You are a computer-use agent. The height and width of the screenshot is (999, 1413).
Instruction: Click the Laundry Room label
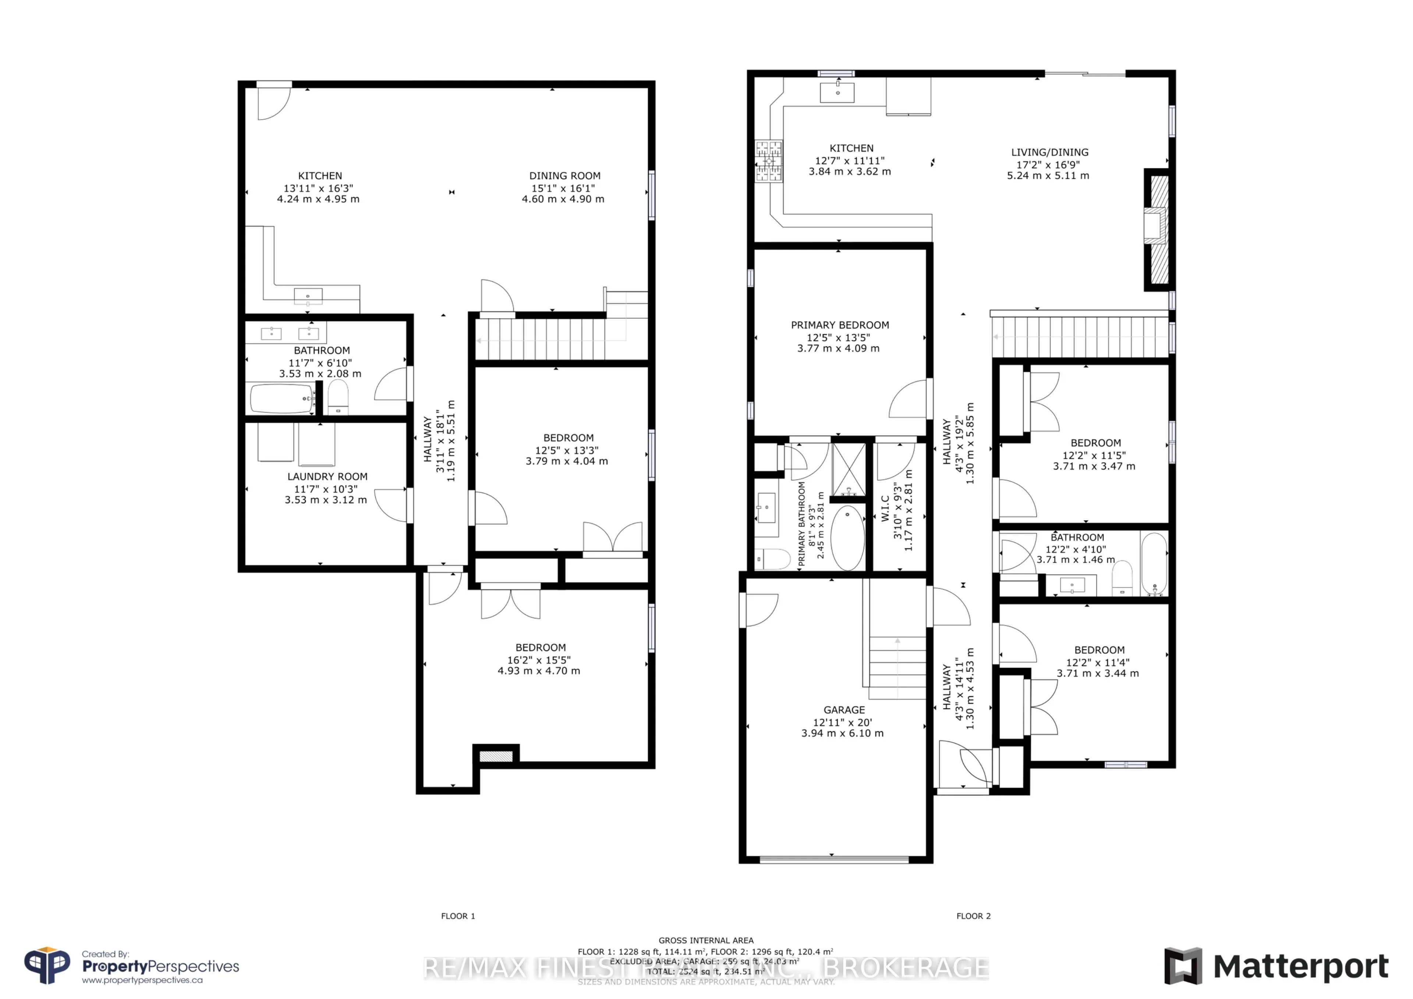[x=327, y=477]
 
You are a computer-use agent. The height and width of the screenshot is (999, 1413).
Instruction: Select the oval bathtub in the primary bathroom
[x=847, y=538]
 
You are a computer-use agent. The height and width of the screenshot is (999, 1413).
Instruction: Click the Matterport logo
[x=1276, y=966]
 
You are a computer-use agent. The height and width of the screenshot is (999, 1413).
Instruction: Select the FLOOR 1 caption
[x=458, y=916]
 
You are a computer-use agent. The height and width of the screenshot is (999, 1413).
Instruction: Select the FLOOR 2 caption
[x=973, y=916]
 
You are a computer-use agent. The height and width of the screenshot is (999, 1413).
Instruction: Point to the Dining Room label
[x=564, y=176]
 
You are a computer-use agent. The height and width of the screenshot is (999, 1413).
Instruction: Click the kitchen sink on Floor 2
[x=837, y=92]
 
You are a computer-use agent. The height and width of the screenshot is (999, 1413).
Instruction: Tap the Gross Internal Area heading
[x=706, y=940]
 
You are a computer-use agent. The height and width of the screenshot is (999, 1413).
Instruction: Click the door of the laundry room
[x=392, y=505]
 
